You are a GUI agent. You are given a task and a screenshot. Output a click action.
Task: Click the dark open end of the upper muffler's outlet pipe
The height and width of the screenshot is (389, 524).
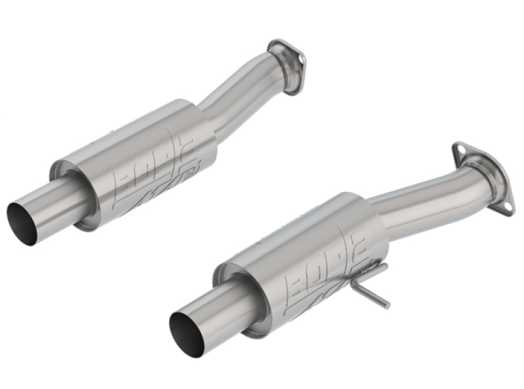21,223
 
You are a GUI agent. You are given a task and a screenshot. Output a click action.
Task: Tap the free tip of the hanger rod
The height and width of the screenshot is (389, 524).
387,306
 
